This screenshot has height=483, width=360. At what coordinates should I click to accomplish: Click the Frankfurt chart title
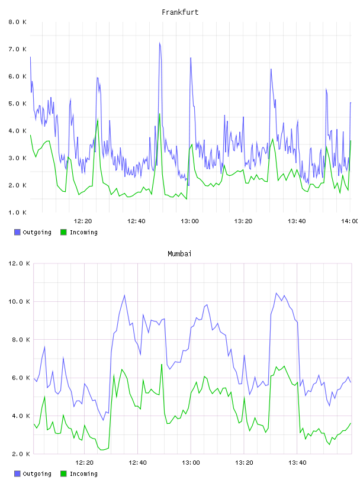[x=180, y=12]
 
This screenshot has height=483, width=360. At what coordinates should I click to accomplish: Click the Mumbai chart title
[x=179, y=254]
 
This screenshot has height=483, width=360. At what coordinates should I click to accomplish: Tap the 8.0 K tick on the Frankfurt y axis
[x=18, y=22]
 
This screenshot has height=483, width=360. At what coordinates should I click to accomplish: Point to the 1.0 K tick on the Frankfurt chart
[x=18, y=212]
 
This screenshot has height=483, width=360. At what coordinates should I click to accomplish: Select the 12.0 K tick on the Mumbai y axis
[x=19, y=263]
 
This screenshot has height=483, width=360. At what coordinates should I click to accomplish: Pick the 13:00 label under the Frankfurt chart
[x=189, y=221]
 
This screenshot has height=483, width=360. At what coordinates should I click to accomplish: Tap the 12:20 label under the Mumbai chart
[x=84, y=463]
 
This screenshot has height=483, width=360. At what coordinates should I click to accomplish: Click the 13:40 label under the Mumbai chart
[x=297, y=463]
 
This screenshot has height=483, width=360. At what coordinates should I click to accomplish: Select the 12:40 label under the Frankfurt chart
[x=136, y=221]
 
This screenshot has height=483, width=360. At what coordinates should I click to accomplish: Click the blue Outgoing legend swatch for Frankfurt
[x=17, y=232]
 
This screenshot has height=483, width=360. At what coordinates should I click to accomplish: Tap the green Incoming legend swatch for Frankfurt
[x=63, y=232]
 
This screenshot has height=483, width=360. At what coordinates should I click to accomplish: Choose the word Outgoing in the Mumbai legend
[x=37, y=474]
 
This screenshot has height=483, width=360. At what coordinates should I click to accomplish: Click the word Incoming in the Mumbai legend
[x=83, y=474]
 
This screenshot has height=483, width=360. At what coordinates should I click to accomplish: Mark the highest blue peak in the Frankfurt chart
[x=160, y=43]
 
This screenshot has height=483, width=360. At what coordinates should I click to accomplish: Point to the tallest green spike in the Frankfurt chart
[x=160, y=114]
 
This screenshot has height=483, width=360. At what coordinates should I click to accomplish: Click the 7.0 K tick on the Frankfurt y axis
[x=18, y=49]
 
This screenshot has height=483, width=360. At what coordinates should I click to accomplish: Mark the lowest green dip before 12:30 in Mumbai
[x=102, y=450]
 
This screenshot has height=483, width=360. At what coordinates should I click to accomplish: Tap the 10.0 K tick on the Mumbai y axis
[x=19, y=301]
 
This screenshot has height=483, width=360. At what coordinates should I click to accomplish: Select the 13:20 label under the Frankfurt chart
[x=243, y=221]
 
